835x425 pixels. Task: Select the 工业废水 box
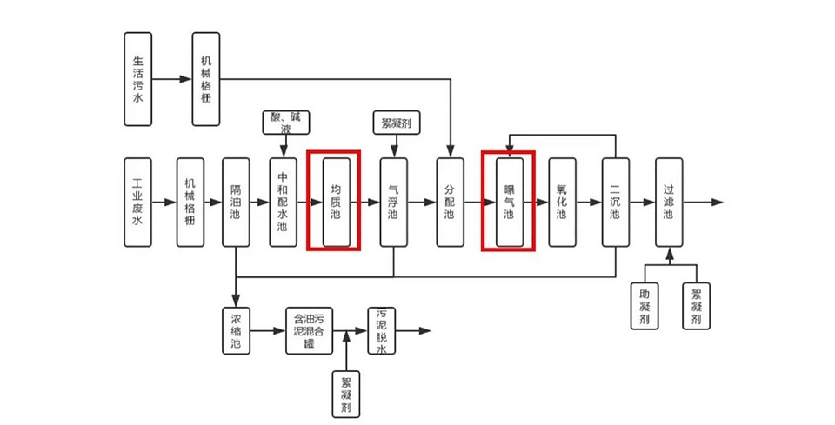click(137, 203)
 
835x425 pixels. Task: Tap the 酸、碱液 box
click(288, 123)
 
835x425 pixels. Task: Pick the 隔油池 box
click(236, 203)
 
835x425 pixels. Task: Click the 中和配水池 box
click(283, 203)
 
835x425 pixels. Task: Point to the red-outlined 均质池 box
click(336, 202)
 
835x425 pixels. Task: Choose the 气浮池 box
click(394, 203)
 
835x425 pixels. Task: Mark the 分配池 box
click(450, 203)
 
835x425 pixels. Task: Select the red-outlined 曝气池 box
click(510, 202)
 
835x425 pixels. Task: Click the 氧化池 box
click(562, 203)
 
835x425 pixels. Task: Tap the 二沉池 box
click(616, 203)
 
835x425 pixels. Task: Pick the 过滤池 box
click(669, 203)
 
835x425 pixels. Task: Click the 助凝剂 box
click(645, 306)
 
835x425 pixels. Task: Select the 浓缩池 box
click(236, 330)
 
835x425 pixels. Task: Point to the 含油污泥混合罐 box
click(310, 330)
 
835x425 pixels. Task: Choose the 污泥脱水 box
click(381, 330)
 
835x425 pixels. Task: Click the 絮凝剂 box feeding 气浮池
click(397, 123)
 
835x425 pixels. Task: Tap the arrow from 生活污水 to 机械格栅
click(172, 79)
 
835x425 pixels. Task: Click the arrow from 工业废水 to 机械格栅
click(164, 203)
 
